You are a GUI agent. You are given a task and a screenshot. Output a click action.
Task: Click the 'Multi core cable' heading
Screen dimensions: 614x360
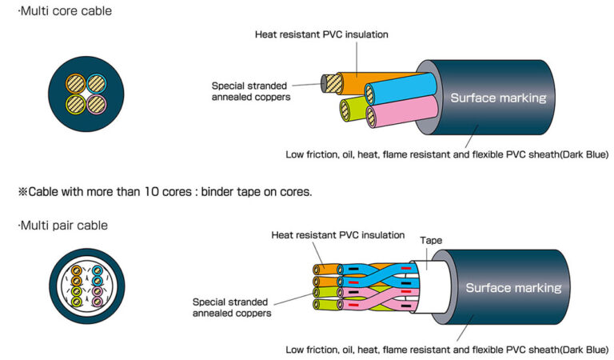point(65,11)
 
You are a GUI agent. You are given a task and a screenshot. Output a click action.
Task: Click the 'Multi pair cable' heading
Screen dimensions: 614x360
point(63,226)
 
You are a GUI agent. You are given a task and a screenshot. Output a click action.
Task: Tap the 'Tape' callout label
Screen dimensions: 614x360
point(431,240)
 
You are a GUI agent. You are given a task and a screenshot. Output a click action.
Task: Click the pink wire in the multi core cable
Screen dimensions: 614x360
point(403,111)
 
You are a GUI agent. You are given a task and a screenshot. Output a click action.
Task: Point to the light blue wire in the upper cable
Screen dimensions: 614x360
point(401,89)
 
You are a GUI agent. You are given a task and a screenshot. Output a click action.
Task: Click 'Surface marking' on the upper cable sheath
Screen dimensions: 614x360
point(498,98)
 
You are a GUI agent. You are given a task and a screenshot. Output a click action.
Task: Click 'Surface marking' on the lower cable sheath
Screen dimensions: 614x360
point(513,288)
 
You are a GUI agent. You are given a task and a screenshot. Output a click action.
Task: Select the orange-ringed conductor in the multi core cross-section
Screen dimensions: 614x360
point(76,83)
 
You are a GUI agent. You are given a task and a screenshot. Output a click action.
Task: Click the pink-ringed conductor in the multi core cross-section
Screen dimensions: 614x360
point(96,104)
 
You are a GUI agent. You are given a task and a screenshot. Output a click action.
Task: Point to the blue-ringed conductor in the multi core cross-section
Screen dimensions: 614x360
point(96,83)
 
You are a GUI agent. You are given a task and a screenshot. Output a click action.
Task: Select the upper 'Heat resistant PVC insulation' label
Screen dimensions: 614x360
point(321,34)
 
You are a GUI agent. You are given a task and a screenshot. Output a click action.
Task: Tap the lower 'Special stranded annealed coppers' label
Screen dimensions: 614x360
point(231,307)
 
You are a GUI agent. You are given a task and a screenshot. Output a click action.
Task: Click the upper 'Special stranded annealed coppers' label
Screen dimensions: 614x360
point(251,91)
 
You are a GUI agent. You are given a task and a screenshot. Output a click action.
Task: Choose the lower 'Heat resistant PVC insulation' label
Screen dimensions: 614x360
point(338,235)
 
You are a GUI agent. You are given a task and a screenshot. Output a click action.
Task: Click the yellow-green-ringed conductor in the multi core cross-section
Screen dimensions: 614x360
point(76,104)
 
